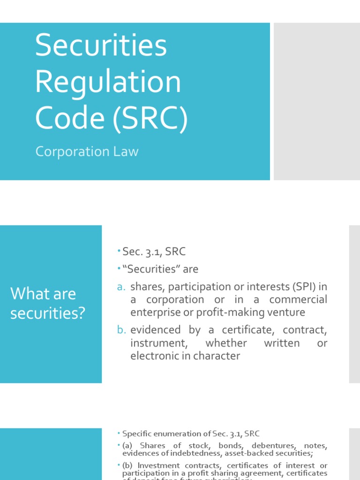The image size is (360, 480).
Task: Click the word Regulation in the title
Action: tap(108, 82)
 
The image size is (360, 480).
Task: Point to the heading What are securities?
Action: tap(48, 303)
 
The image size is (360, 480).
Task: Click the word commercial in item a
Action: tap(298, 300)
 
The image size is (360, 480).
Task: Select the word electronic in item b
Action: tap(154, 356)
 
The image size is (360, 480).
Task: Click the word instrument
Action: tap(156, 343)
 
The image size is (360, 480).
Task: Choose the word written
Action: tap(282, 343)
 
